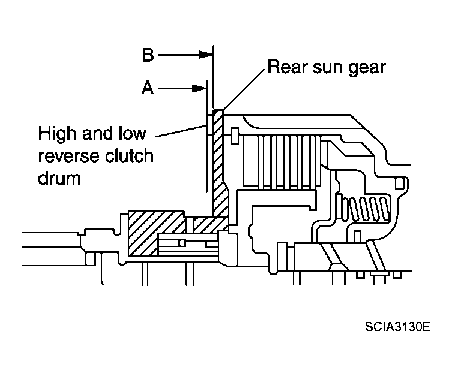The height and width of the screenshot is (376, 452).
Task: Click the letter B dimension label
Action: point(148,55)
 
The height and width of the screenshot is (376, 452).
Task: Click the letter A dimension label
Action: point(148,88)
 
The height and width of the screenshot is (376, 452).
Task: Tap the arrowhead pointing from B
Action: point(206,55)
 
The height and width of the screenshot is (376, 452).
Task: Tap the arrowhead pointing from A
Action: point(199,88)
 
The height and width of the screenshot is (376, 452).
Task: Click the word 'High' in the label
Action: point(58,134)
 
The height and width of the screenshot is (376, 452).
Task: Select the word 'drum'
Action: point(59,178)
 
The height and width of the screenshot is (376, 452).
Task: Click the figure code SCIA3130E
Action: point(397,327)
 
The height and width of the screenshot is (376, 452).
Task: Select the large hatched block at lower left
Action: point(156,233)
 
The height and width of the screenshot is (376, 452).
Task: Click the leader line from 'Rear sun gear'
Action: point(244,89)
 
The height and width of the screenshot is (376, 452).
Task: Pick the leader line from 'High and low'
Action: point(181,131)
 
